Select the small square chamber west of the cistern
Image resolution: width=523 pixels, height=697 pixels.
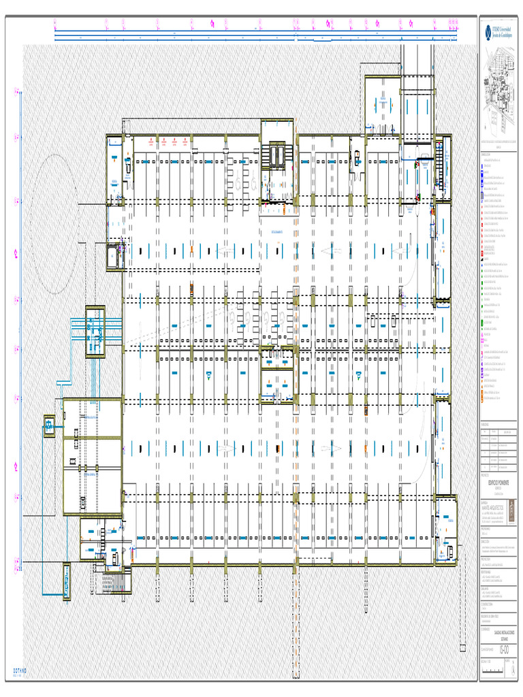[x=49, y=426]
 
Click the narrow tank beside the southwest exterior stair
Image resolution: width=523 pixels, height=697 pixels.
[x=67, y=581]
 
